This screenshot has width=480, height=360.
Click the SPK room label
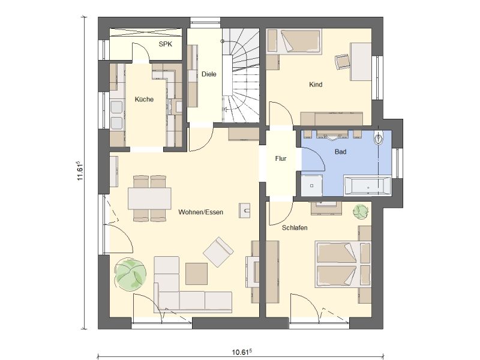pos(166,44)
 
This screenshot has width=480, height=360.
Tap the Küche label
pos(144,99)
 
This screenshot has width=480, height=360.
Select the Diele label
pos(209,74)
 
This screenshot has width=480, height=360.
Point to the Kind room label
pos(316,85)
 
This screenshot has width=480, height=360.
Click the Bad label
pos(340,152)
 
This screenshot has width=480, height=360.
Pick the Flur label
pos(281,158)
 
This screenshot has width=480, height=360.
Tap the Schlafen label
pos(295,228)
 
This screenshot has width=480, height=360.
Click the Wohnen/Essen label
pos(200,212)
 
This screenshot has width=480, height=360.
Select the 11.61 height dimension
pos(80,170)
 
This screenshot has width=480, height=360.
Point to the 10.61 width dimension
pos(242,352)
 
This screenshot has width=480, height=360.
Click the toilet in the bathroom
pos(379,139)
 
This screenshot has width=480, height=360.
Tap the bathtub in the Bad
pos(368,185)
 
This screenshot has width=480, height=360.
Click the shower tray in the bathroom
pos(311,185)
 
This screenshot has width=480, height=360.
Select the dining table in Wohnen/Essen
pos(149,199)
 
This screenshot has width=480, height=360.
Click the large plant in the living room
pos(130,274)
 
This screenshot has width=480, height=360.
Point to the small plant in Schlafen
pos(361,212)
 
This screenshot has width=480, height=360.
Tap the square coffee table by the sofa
pos(197,274)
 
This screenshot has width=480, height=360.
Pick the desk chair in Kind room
pos(343,62)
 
